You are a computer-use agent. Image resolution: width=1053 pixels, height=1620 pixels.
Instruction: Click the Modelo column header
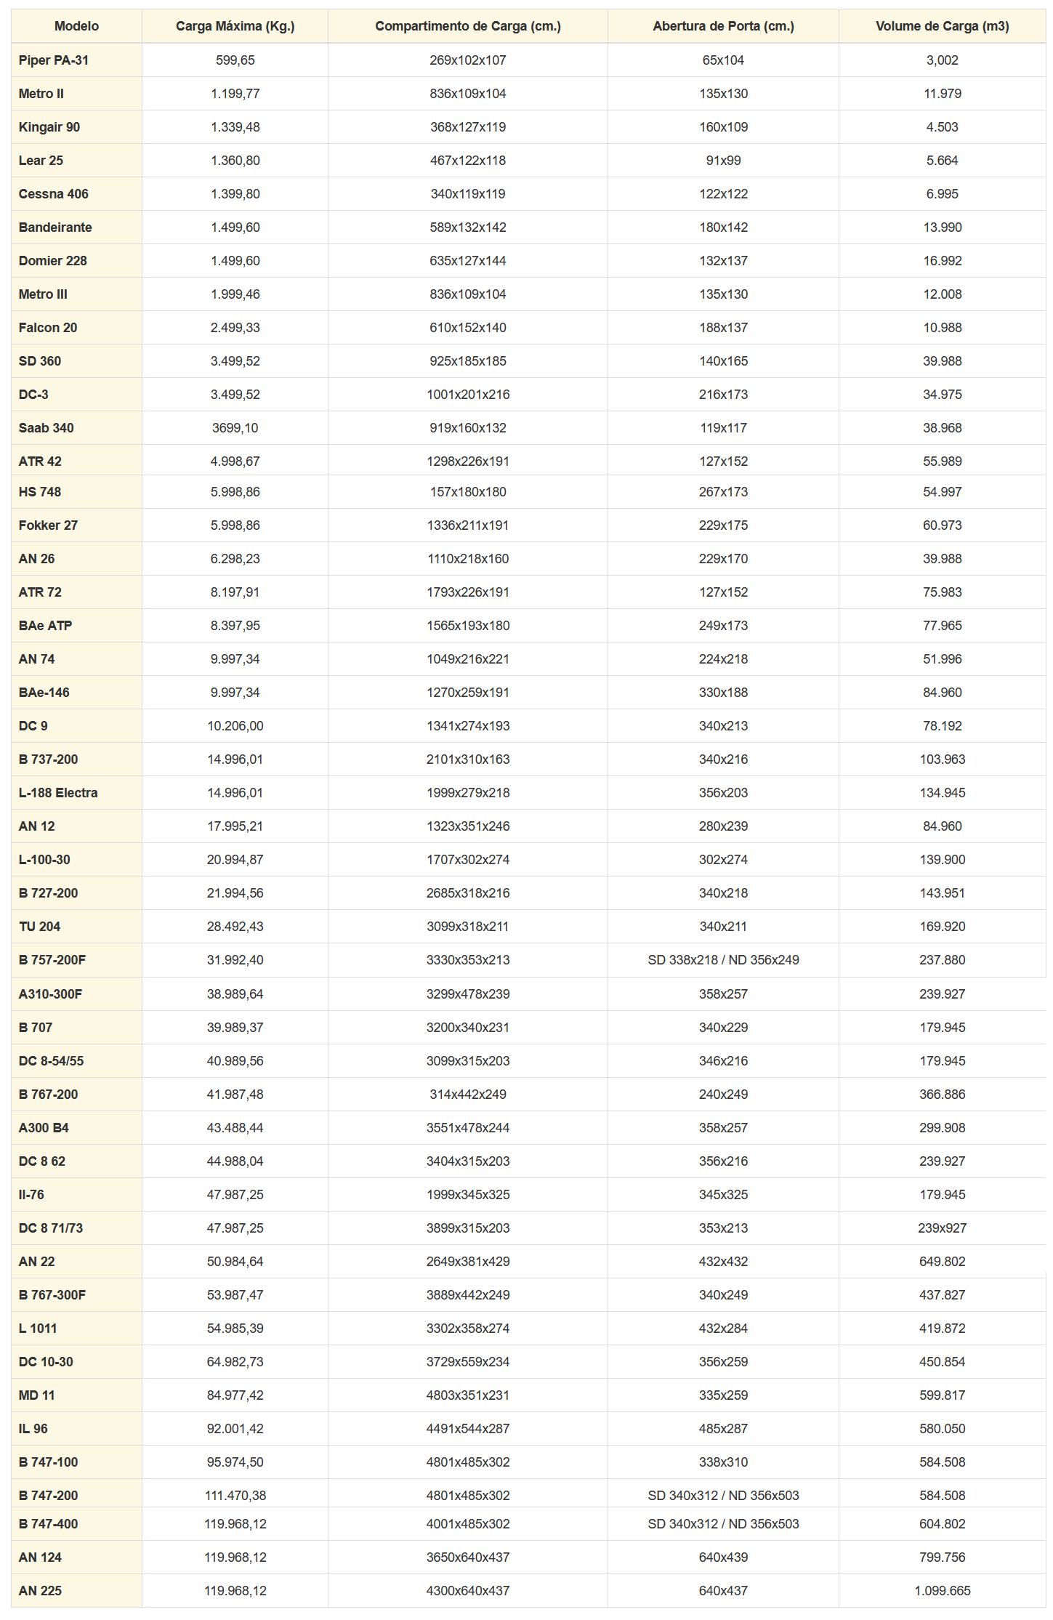coord(76,26)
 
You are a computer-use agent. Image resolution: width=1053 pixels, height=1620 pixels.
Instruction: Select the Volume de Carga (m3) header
coord(942,26)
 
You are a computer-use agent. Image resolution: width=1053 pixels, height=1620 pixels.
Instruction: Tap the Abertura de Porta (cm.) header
coord(723,26)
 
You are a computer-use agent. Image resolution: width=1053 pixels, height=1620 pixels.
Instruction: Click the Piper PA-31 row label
coord(54,60)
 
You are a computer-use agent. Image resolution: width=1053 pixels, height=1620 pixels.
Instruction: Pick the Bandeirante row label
coord(55,227)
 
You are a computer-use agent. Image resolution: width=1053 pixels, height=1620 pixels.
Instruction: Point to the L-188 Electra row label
coord(58,793)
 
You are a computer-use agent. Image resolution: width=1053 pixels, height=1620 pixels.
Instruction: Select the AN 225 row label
coord(40,1591)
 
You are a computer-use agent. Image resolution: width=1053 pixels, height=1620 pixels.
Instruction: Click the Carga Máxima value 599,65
coord(235,60)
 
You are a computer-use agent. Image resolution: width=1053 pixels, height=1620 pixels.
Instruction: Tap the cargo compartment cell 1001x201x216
coord(468,395)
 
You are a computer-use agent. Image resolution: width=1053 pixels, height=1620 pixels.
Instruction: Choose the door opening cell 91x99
coord(723,161)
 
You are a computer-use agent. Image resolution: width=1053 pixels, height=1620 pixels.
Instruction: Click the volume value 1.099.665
coord(942,1591)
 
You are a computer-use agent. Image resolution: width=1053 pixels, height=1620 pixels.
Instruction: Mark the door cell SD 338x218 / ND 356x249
coord(723,960)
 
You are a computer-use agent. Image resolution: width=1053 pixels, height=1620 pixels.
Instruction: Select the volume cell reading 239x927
coord(942,1228)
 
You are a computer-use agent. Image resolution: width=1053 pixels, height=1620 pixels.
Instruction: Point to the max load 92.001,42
coord(235,1429)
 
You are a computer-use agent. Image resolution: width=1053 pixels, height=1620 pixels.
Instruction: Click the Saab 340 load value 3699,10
coord(235,428)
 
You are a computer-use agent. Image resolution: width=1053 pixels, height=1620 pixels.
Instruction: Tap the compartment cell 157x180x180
coord(468,492)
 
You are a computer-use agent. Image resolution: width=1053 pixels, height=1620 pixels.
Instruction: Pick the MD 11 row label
coord(36,1395)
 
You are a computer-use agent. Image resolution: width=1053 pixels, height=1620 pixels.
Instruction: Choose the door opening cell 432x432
coord(723,1262)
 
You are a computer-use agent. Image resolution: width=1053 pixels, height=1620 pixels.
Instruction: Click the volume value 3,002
coord(942,60)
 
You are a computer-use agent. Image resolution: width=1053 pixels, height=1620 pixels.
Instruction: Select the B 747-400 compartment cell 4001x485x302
coord(468,1524)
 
